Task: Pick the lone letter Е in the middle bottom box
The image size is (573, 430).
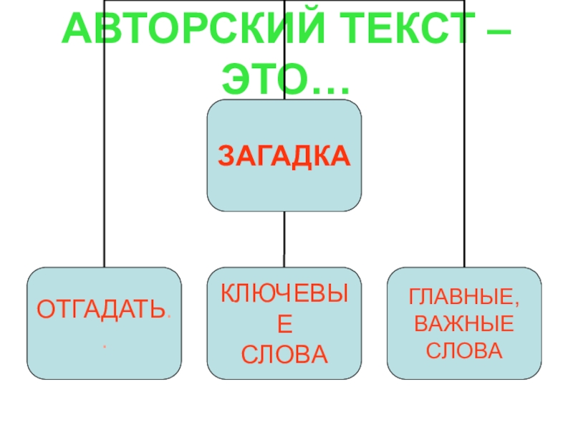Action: pyautogui.click(x=284, y=323)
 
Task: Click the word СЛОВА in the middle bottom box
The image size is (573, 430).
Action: pyautogui.click(x=284, y=353)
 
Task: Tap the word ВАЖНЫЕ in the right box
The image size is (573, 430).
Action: pyautogui.click(x=464, y=324)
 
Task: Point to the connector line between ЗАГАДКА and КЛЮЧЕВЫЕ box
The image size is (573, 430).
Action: pyautogui.click(x=284, y=239)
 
